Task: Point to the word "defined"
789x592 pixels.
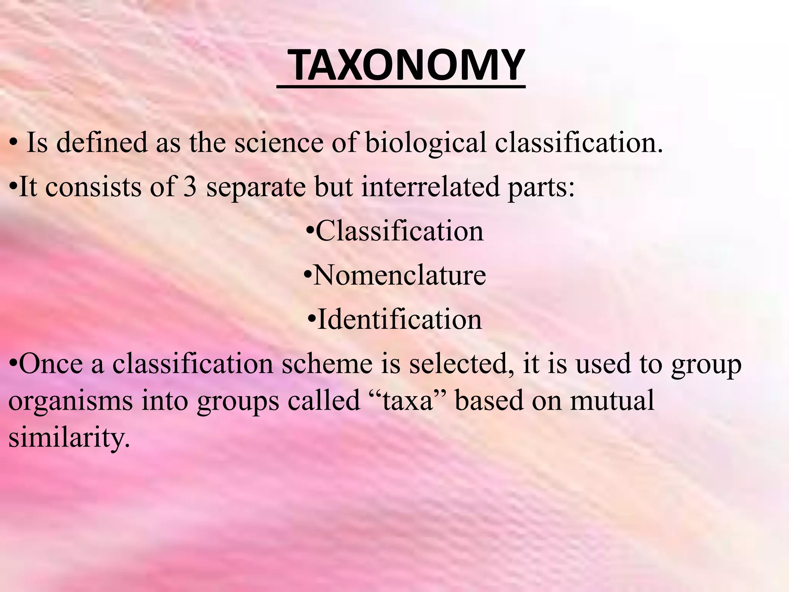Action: click(x=102, y=143)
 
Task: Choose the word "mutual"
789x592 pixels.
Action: click(x=612, y=401)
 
